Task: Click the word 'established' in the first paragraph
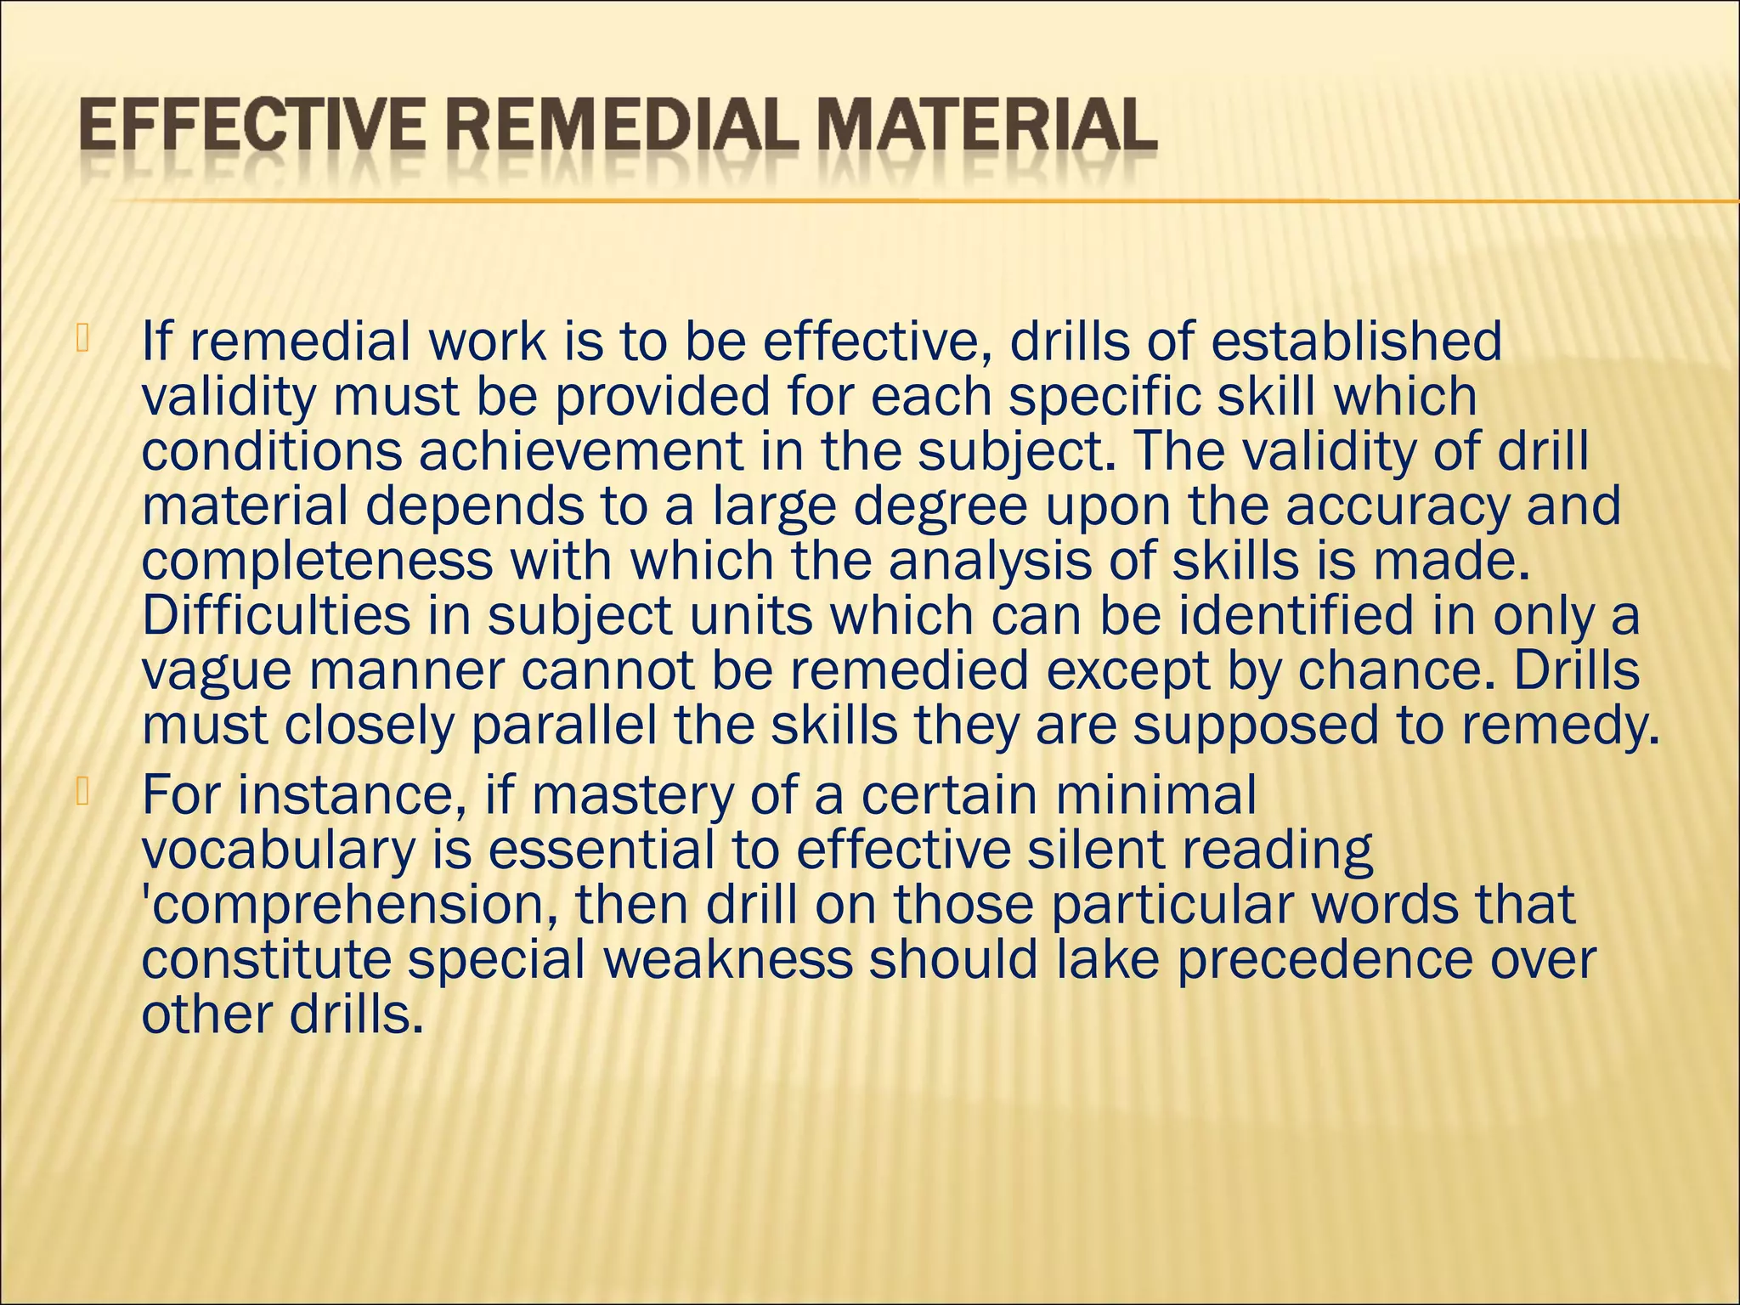click(x=1356, y=342)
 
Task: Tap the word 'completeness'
click(x=317, y=562)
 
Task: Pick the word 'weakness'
click(x=727, y=959)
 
